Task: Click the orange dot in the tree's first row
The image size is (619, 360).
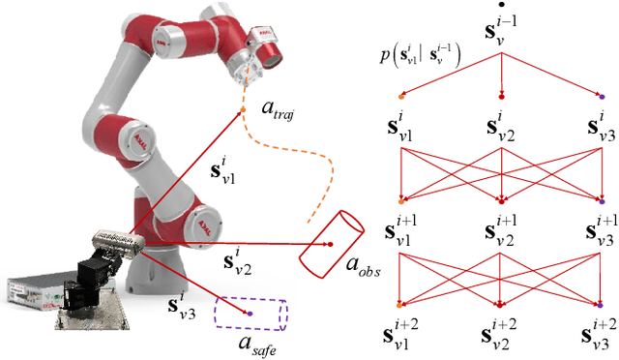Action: coord(402,96)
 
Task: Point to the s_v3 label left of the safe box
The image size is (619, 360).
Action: coord(181,310)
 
